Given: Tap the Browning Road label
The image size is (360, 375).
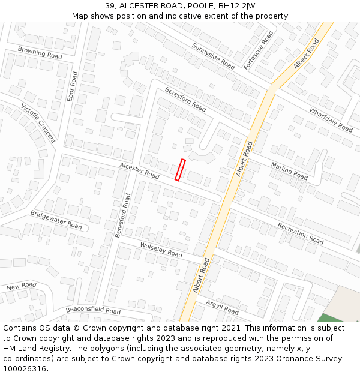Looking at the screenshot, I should click(40, 52).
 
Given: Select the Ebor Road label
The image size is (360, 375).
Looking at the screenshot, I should click(72, 86).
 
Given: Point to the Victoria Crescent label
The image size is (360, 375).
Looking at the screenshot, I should click(38, 123).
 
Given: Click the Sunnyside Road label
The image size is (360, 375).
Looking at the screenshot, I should click(214, 56).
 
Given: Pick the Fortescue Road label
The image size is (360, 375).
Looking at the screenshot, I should click(259, 50).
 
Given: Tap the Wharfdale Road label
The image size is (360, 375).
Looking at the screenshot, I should click(331, 120).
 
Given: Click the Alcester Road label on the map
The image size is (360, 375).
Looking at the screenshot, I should click(139, 171).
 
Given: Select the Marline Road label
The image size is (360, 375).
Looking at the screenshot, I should click(289, 171).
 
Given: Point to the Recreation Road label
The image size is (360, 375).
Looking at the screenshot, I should click(300, 233).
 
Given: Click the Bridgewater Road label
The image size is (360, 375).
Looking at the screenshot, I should click(56, 220).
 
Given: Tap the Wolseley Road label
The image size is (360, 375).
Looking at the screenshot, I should click(161, 250).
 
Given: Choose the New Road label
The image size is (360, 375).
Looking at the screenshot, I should click(22, 286).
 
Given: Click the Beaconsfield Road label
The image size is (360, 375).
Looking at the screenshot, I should click(93, 310).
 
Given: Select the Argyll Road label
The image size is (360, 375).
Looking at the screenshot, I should click(222, 307).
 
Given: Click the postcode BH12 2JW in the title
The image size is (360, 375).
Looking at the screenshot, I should click(236, 6).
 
